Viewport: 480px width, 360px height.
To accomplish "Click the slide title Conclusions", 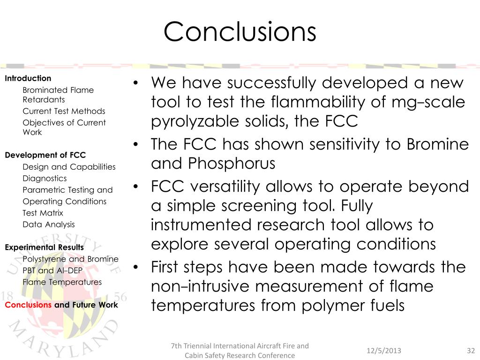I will coord(240,32).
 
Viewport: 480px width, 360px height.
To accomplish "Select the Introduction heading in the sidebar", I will coord(28,78).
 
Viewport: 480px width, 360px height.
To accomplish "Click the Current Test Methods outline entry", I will coord(64,111).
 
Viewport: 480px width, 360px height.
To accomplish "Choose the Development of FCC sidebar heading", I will coord(45,155).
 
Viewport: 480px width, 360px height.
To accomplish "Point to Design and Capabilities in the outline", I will coord(69,167).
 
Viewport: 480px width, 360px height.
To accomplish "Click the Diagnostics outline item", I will coord(45,178).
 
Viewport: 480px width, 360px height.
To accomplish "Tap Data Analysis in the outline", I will coord(48,225).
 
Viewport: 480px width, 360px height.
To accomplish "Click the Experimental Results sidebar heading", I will coord(45,247).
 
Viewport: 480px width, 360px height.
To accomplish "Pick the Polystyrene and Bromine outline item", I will coord(70,259).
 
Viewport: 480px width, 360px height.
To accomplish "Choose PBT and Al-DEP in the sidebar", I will coord(52,270).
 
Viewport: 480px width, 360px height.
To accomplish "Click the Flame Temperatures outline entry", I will coord(62,282).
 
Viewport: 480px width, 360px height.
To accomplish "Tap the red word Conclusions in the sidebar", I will coord(28,305).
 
